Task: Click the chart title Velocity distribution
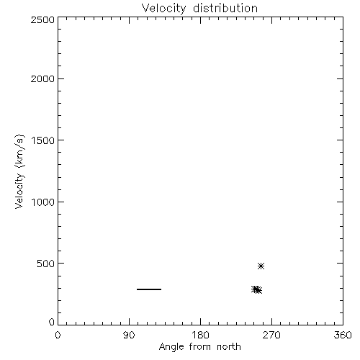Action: click(199, 8)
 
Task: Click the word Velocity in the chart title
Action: click(163, 9)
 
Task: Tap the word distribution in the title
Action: click(225, 8)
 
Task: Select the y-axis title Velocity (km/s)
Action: click(19, 171)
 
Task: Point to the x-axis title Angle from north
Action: click(199, 347)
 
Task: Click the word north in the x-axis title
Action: click(229, 347)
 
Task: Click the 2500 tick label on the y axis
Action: click(42, 19)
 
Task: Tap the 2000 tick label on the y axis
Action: click(42, 78)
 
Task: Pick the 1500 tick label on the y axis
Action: click(43, 140)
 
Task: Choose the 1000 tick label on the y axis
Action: click(43, 202)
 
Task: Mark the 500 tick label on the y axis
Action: click(46, 264)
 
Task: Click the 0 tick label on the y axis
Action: click(52, 322)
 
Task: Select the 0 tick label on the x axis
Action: click(58, 335)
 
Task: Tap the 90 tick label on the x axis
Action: click(129, 335)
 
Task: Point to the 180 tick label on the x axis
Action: click(200, 335)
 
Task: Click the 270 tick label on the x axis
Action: click(271, 335)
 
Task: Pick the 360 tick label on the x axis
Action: click(343, 335)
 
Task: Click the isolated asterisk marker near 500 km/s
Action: click(261, 266)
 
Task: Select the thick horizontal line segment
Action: click(149, 289)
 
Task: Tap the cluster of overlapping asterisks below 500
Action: click(256, 290)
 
